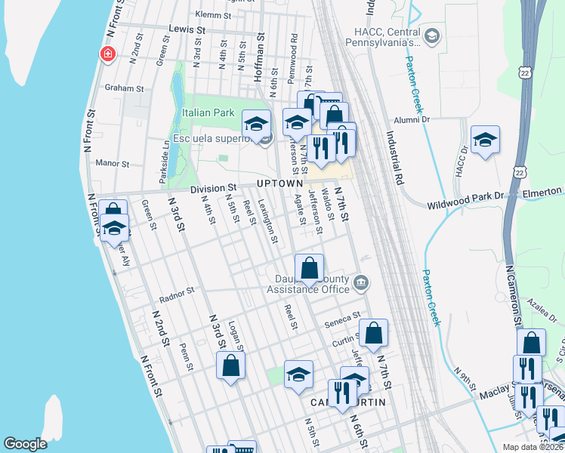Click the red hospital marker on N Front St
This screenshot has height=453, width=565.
tap(108, 54)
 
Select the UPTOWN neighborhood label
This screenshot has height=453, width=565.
tap(279, 183)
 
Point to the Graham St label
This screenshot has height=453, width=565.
tap(124, 88)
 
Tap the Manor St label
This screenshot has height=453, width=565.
tap(114, 162)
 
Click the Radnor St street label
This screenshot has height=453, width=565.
tap(179, 289)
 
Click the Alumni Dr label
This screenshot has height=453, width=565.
tap(411, 119)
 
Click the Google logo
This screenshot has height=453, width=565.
tap(25, 443)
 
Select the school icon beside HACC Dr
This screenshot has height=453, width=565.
tap(485, 140)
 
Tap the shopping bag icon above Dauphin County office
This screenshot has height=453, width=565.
tap(309, 267)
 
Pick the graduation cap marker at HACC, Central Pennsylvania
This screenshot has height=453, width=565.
tap(431, 35)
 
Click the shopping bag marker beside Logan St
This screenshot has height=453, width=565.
tap(230, 366)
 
